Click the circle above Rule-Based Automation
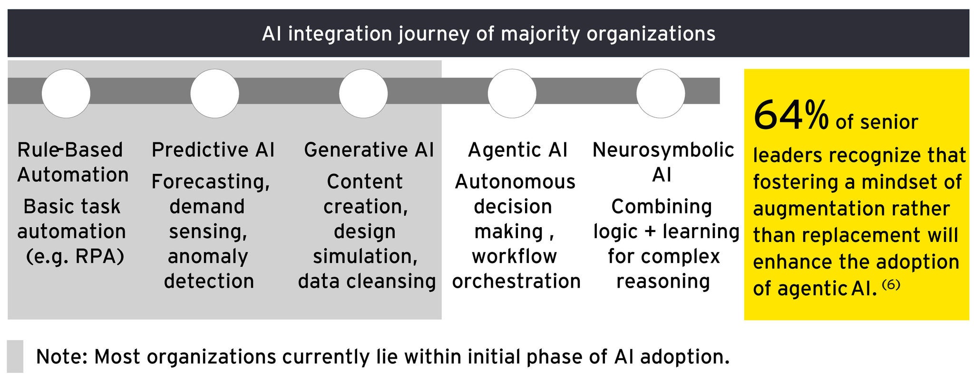coord(66,93)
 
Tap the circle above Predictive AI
coord(214,93)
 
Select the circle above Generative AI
coord(363,93)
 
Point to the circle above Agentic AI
coord(512,93)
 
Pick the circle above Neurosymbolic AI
coord(661,93)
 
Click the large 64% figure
coord(791,116)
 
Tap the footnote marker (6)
coord(891,285)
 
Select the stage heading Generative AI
coord(369,150)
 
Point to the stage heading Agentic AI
coord(517,150)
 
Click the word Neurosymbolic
coord(663,150)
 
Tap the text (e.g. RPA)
coord(75,257)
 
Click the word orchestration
coord(516,281)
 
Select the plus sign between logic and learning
coord(650,232)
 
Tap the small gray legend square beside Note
coord(15,356)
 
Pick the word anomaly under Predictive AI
coord(208,257)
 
